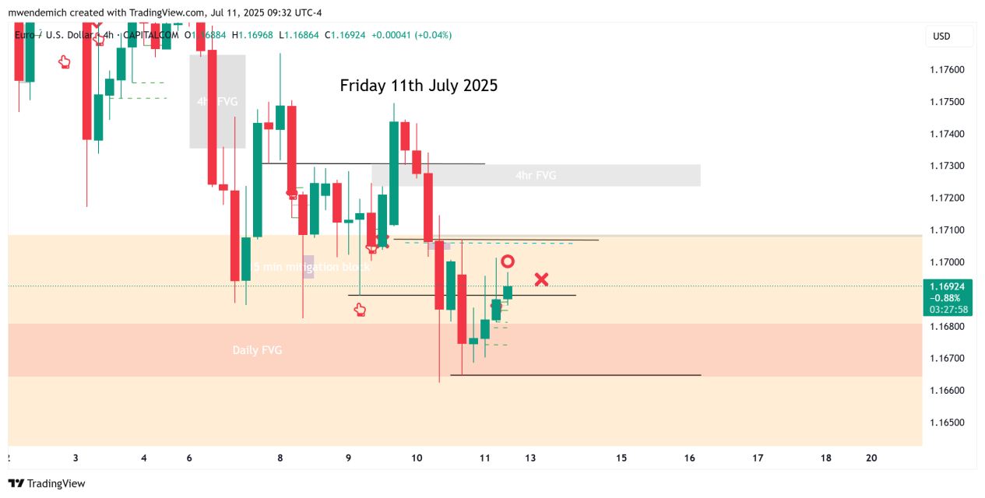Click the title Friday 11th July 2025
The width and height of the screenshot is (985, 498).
pyautogui.click(x=418, y=86)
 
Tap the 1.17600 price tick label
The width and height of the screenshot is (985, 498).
pyautogui.click(x=947, y=70)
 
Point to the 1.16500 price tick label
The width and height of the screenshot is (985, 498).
pyautogui.click(x=947, y=423)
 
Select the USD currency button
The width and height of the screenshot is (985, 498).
pyautogui.click(x=941, y=36)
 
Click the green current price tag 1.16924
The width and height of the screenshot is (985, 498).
pyautogui.click(x=947, y=286)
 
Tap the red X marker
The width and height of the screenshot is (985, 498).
pyautogui.click(x=541, y=279)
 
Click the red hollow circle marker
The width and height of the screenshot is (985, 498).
pyautogui.click(x=507, y=261)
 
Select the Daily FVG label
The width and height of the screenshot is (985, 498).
pyautogui.click(x=257, y=350)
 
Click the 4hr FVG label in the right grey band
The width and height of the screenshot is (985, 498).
pyautogui.click(x=536, y=176)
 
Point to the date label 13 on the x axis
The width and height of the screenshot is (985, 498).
pyautogui.click(x=531, y=458)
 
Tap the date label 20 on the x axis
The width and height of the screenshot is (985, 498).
pyautogui.click(x=871, y=458)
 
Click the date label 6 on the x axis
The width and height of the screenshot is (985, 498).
pyautogui.click(x=189, y=458)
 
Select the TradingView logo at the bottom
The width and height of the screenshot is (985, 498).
pyautogui.click(x=47, y=483)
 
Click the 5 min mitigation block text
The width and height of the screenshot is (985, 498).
pyautogui.click(x=310, y=267)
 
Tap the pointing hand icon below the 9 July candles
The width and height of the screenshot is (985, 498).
pyautogui.click(x=359, y=310)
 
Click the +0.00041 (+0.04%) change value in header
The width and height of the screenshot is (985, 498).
pyautogui.click(x=411, y=35)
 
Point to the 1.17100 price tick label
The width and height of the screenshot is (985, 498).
pyautogui.click(x=947, y=230)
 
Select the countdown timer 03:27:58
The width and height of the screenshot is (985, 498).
pyautogui.click(x=947, y=310)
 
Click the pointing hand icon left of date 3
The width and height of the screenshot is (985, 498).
pyautogui.click(x=65, y=62)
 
